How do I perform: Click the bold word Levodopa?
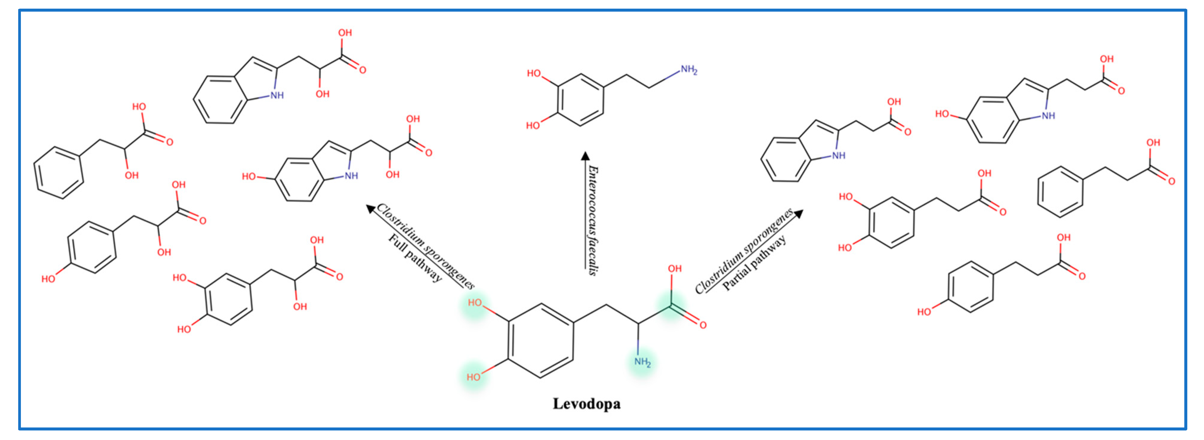587,404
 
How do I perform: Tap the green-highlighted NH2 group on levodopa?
642,362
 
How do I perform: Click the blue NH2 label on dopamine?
688,70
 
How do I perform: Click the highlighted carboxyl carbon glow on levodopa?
672,306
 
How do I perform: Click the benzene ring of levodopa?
541,341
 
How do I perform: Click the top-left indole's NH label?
277,95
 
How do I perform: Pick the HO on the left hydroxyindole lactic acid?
249,176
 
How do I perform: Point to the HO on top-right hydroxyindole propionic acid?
942,114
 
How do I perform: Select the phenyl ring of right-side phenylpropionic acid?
1060,191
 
